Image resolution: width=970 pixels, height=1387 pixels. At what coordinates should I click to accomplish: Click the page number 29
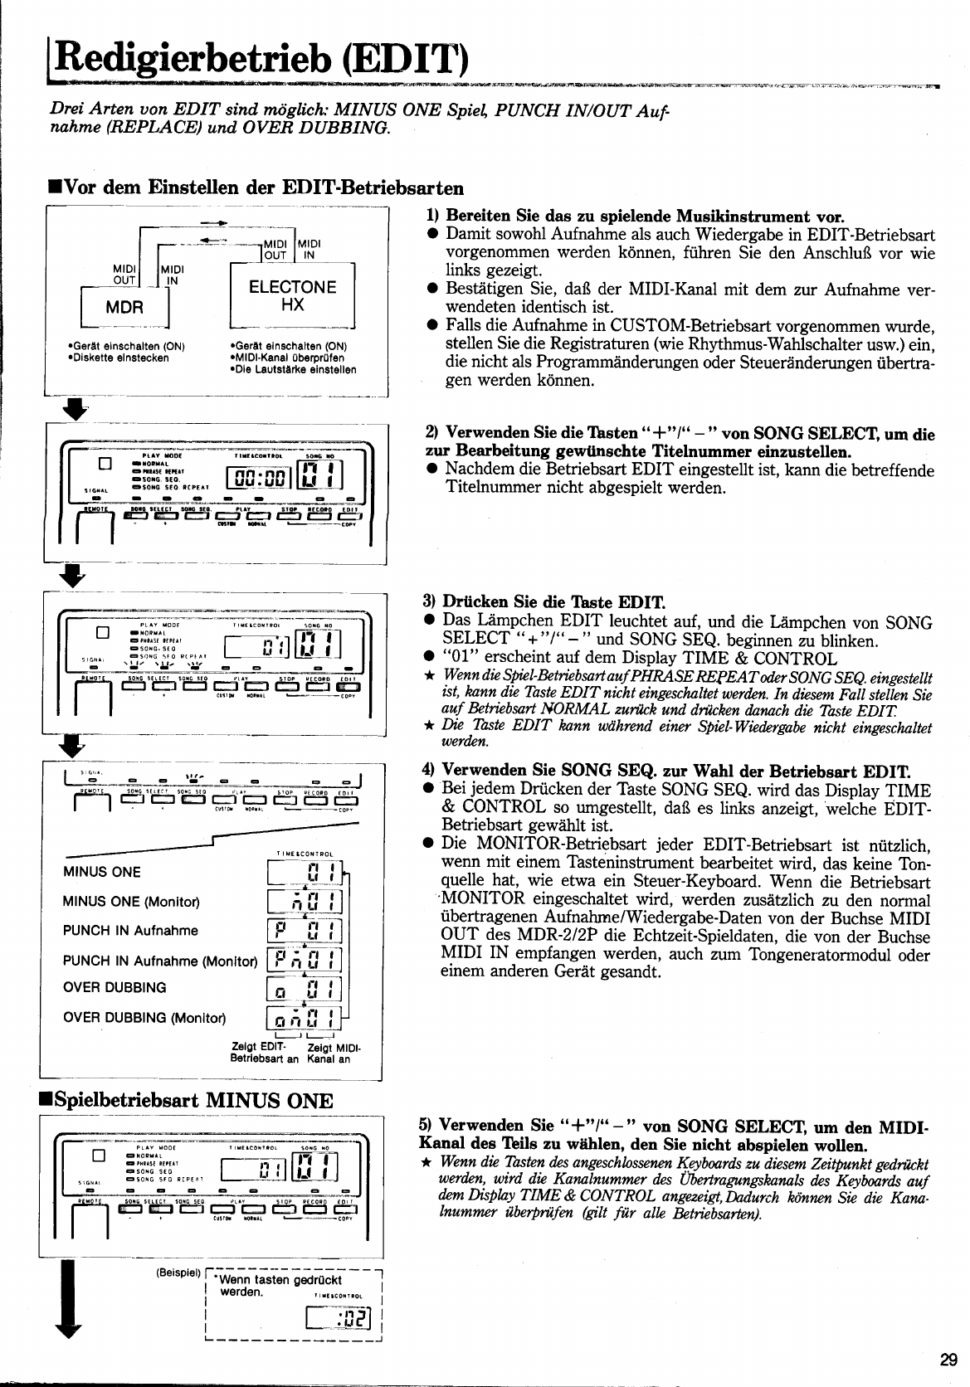tap(949, 1359)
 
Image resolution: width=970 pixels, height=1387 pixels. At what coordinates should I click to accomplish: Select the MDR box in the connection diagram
tap(124, 306)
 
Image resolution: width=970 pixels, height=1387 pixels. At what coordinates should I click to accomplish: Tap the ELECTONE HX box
tap(292, 296)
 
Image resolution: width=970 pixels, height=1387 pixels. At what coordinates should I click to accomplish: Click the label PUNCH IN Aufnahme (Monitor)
tap(159, 961)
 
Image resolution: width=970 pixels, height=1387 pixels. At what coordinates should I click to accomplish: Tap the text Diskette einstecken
tap(118, 358)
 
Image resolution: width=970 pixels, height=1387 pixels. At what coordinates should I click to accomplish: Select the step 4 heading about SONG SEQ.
tap(665, 770)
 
